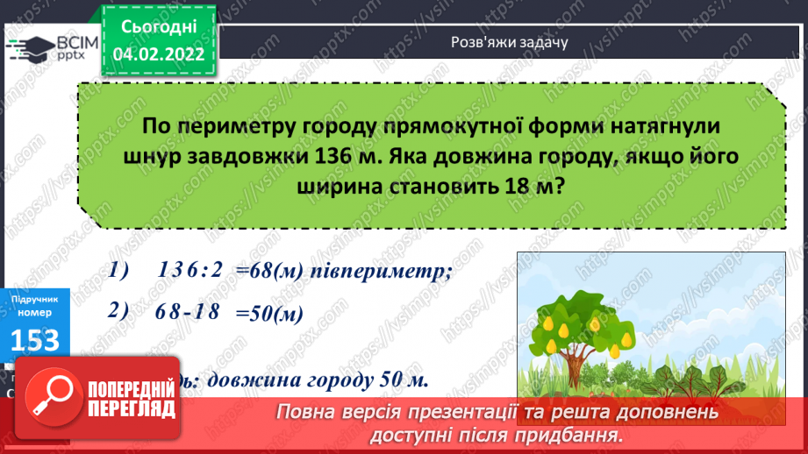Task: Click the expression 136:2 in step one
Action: (190, 273)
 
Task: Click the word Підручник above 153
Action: (35, 300)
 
